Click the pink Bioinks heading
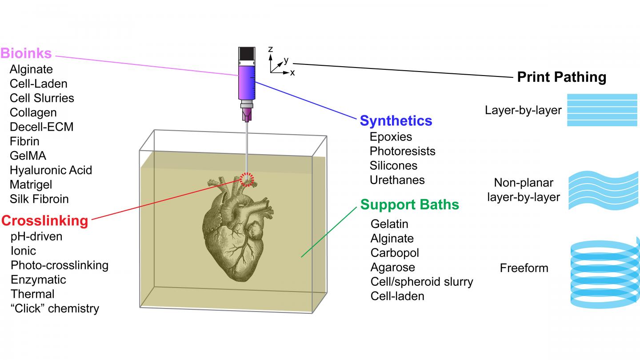tap(26, 54)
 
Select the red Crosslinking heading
tap(45, 220)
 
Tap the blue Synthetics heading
tap(396, 120)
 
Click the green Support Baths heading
tap(409, 204)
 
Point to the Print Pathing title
tap(561, 77)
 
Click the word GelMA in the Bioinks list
tap(28, 156)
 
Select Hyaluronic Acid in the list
tap(51, 170)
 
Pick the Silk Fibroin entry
tap(39, 199)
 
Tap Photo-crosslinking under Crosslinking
tap(60, 265)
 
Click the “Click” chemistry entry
tap(55, 308)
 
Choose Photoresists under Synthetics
tap(402, 151)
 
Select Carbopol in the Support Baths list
tap(395, 252)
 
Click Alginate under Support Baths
tap(392, 238)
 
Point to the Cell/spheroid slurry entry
tap(421, 281)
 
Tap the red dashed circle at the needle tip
tap(246, 179)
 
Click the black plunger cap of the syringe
tap(246, 54)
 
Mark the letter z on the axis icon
tap(270, 49)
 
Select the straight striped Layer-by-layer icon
tap(601, 110)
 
